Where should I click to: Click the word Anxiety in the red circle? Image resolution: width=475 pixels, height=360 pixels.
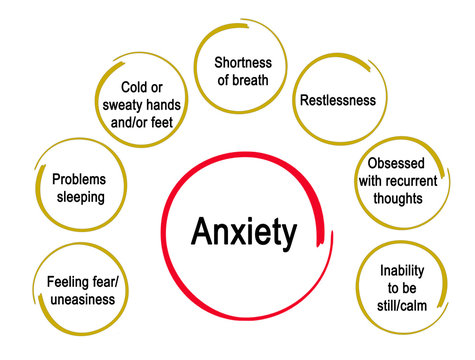244,233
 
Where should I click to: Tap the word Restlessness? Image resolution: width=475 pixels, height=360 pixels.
338,100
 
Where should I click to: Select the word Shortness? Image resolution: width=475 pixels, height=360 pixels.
242,62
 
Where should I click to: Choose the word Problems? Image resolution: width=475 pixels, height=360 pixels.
78,179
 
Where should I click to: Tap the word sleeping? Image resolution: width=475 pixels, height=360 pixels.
78,197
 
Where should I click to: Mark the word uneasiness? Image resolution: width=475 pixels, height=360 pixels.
80,299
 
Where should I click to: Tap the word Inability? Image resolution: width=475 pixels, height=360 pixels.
403,270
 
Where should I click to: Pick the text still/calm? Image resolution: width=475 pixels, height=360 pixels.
403,305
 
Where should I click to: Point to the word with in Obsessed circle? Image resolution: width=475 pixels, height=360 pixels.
371,181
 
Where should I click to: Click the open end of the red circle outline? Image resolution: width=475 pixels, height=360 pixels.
323,236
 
